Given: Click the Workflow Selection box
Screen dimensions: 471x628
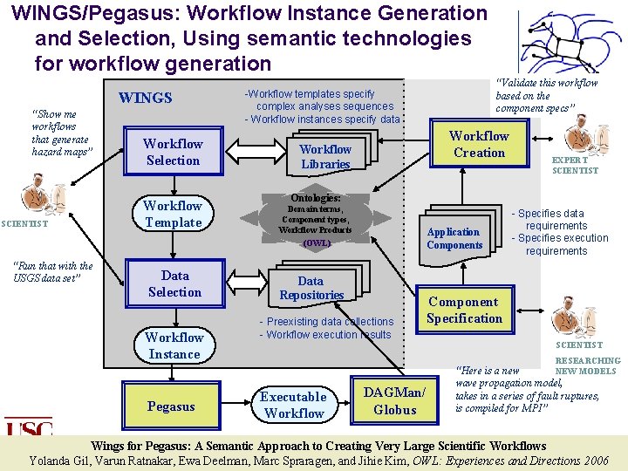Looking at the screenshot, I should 173,152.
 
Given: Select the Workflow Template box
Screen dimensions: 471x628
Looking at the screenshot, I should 173,214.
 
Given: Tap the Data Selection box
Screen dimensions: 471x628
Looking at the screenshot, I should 174,283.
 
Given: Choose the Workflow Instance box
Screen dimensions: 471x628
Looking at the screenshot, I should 174,345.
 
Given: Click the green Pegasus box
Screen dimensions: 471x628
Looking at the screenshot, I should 171,406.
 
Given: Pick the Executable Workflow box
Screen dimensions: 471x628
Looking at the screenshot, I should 294,405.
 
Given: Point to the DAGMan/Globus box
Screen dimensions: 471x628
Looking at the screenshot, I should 394,401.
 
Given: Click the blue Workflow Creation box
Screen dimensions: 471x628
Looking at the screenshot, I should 479,144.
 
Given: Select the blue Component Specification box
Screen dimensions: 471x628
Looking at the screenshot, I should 464,311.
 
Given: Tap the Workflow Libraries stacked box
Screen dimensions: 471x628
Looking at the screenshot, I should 325,156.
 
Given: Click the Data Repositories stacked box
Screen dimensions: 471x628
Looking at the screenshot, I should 311,288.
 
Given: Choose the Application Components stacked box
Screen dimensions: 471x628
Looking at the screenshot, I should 454,238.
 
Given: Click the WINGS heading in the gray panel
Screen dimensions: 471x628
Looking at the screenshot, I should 146,98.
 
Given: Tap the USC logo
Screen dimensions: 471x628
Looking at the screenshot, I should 28,427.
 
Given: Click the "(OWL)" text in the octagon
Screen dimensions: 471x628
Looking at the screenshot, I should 316,243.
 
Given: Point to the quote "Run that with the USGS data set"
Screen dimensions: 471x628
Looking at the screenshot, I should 53,272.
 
